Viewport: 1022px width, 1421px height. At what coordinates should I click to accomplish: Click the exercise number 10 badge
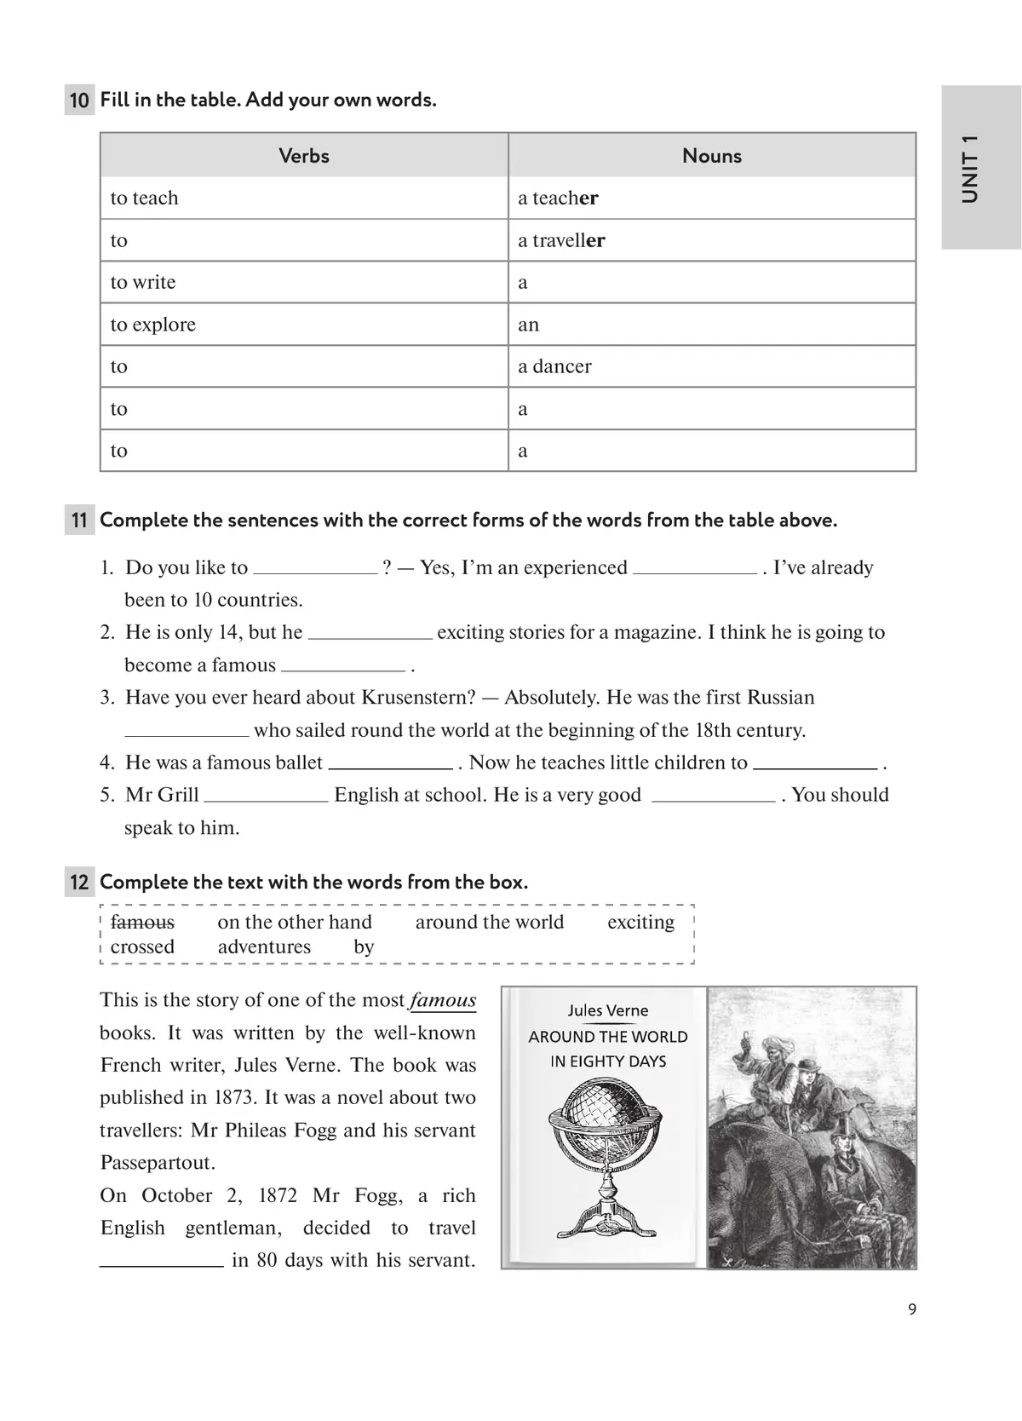pos(79,101)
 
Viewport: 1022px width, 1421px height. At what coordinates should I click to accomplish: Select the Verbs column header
pos(304,156)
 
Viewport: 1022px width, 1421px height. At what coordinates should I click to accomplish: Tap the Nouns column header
pos(712,156)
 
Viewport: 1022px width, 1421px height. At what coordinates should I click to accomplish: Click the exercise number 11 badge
pos(79,521)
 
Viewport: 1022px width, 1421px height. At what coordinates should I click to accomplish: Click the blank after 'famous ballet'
pos(390,763)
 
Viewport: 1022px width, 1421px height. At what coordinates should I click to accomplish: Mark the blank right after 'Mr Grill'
pos(266,796)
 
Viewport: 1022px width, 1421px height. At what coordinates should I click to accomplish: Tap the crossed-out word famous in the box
pos(142,923)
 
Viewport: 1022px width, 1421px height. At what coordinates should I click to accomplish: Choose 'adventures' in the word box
pos(264,947)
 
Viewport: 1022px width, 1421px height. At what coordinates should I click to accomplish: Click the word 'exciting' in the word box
pos(640,923)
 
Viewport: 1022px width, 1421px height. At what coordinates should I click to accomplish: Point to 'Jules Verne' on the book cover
pos(608,1011)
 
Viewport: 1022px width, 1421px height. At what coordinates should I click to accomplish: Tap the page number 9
pos(912,1310)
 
